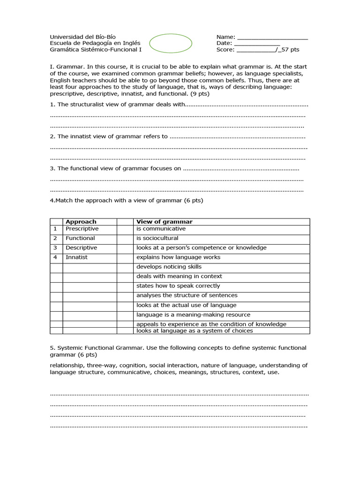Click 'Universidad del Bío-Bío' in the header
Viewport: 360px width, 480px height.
coord(83,37)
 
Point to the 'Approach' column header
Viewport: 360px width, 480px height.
coord(81,222)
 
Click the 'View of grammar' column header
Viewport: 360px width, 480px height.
coord(165,222)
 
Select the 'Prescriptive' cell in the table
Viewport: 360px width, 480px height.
coord(82,229)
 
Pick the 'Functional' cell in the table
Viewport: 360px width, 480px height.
coord(80,238)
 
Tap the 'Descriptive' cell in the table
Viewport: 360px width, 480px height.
coord(82,247)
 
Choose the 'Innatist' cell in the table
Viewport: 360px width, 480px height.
coord(77,257)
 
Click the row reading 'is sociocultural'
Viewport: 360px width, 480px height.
coord(157,238)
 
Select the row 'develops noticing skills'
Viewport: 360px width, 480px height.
coord(169,267)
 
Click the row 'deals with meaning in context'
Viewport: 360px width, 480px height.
coord(179,277)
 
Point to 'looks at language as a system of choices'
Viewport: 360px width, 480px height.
coord(195,331)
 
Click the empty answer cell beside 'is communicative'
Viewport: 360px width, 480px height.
coord(125,229)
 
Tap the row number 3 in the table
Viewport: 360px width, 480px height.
coord(55,247)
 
